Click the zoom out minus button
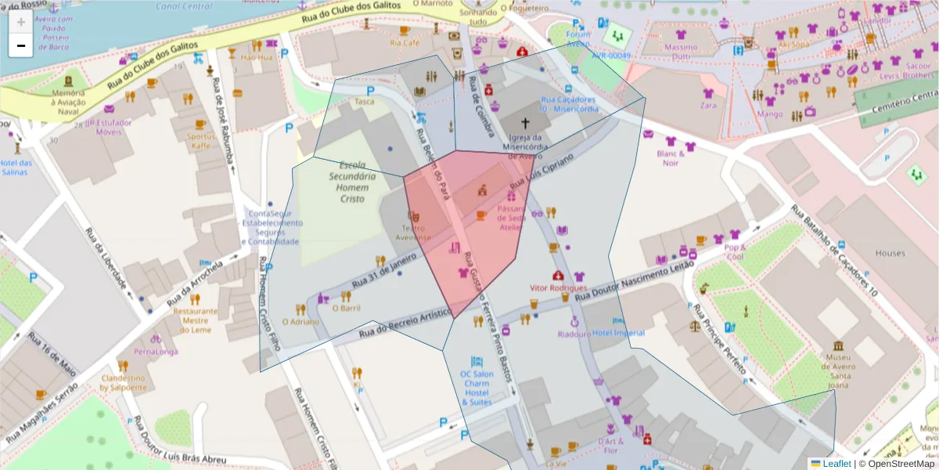(x=21, y=45)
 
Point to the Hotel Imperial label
(x=618, y=333)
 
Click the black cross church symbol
(x=526, y=123)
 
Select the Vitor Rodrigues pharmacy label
(x=558, y=288)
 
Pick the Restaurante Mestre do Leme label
(x=195, y=320)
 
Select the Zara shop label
(x=708, y=105)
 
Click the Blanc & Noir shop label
(x=670, y=158)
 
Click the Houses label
(x=890, y=253)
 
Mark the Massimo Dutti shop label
(x=680, y=52)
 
